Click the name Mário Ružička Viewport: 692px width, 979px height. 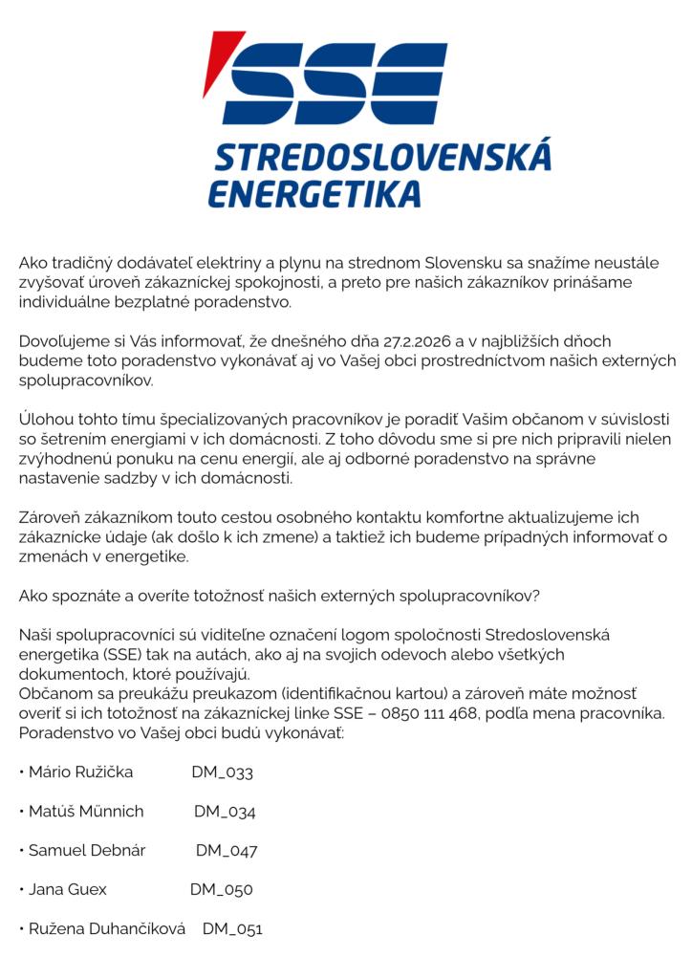(81, 772)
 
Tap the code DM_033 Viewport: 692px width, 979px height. (222, 772)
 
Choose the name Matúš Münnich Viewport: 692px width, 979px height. (86, 812)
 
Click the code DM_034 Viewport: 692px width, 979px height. (225, 812)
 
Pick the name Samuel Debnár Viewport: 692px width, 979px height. (87, 850)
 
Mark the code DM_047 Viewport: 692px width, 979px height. (227, 851)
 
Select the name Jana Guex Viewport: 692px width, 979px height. (68, 889)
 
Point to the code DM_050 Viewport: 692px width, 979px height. (221, 890)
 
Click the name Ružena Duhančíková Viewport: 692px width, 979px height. (107, 928)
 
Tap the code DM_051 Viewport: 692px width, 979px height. (232, 929)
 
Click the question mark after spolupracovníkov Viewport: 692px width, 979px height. (536, 596)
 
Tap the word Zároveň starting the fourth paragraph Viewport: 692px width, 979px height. (49, 517)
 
